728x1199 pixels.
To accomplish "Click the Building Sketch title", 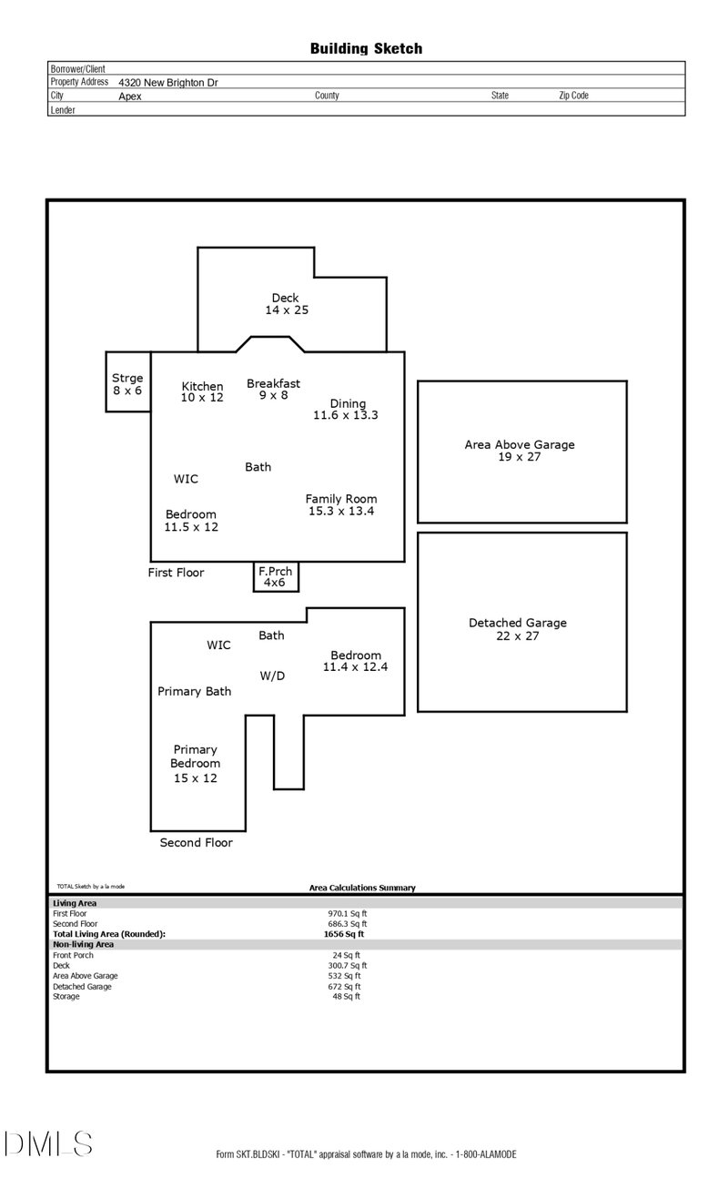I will coord(366,49).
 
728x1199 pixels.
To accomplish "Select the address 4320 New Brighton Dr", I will coord(167,82).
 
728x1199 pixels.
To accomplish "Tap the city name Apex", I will coord(130,96).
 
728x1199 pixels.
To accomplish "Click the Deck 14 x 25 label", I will coord(286,304).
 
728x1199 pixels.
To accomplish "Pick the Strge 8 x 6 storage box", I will coord(127,382).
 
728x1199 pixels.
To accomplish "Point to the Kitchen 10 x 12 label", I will coord(202,392).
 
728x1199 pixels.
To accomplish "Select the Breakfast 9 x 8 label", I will coord(273,390).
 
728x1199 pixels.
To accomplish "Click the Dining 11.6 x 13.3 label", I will coord(345,410).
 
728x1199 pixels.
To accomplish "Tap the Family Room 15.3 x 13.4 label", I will coord(341,505).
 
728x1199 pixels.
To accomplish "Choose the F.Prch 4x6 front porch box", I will coord(275,577).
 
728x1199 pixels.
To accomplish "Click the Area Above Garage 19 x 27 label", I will coord(520,451).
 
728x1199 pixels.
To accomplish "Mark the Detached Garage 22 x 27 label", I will coord(518,629).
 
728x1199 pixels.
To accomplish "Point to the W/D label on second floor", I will coord(272,676).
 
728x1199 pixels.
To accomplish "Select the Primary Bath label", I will coord(195,692).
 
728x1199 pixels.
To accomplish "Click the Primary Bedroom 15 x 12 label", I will coord(196,764).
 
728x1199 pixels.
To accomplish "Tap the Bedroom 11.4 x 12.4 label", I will coord(356,661).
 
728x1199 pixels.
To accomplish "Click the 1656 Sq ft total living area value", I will coord(345,934).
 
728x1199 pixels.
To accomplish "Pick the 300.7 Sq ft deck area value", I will coord(347,965).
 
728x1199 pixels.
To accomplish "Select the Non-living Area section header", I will coord(83,945).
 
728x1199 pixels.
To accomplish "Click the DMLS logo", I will coord(47,1143).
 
